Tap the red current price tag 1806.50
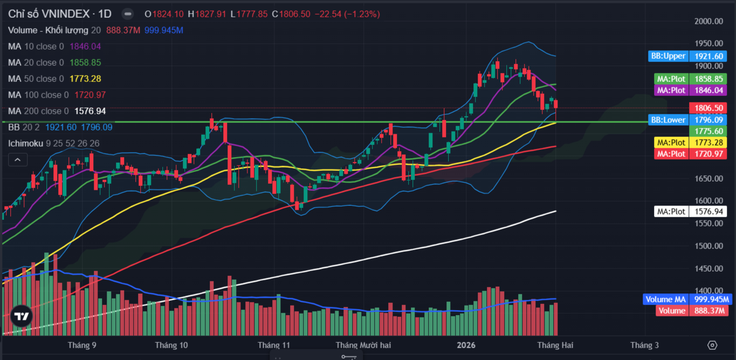click(x=708, y=108)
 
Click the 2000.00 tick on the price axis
click(x=709, y=22)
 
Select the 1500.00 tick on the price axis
click(x=709, y=246)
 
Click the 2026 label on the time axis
click(x=467, y=345)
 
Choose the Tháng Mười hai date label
click(x=363, y=345)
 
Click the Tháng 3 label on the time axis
click(x=644, y=345)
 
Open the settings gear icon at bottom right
click(x=712, y=345)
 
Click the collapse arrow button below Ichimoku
click(x=17, y=160)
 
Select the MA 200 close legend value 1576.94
click(x=90, y=111)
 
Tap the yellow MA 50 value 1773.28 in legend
click(x=85, y=79)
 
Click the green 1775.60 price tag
click(x=708, y=131)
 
